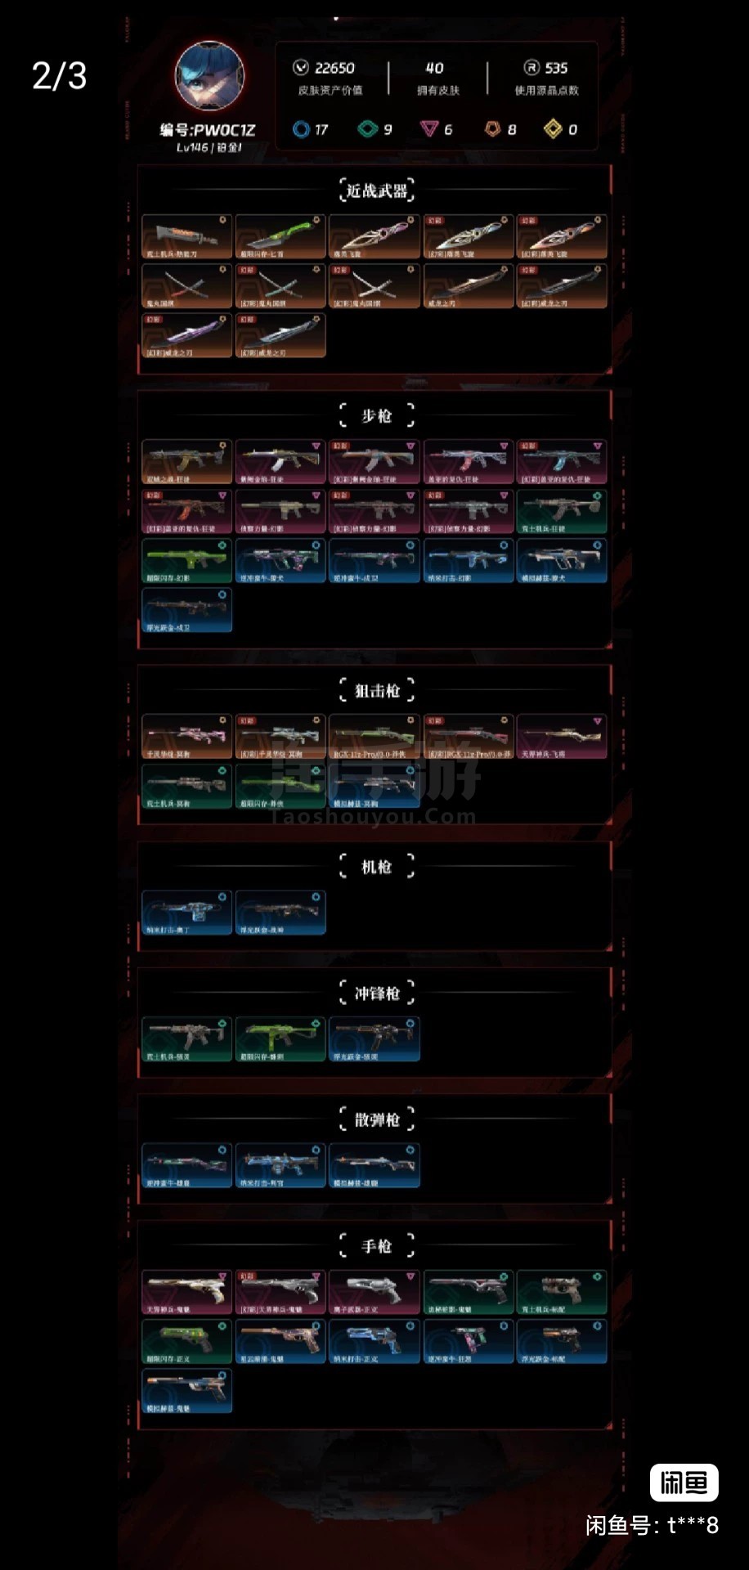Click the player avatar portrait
click(209, 77)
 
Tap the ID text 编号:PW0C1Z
click(208, 130)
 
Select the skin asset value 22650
click(334, 68)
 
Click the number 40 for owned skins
click(434, 68)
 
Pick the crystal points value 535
click(556, 68)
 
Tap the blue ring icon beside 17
click(301, 129)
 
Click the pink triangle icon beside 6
click(428, 129)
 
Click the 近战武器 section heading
click(376, 191)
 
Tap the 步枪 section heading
click(376, 416)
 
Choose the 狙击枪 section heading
click(376, 691)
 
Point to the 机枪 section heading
click(376, 867)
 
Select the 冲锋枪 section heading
click(376, 994)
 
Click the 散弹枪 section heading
click(376, 1119)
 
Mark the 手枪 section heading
click(376, 1246)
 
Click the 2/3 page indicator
click(59, 76)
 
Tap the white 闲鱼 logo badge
click(684, 1483)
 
